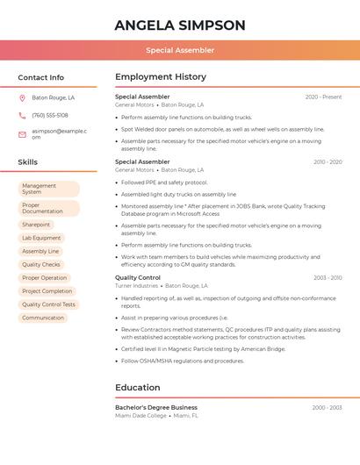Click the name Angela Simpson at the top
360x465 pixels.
(x=180, y=25)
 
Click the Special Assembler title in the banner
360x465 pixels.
(x=180, y=50)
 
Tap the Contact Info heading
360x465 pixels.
(x=41, y=77)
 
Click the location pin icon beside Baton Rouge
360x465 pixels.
(x=23, y=98)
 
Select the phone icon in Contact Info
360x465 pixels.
(x=23, y=116)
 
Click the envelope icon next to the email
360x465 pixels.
(x=23, y=133)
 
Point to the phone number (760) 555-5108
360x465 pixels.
(x=50, y=116)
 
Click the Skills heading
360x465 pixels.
(x=28, y=162)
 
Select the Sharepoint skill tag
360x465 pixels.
(x=36, y=225)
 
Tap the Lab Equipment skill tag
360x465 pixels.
(x=41, y=238)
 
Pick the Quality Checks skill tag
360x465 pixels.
(x=41, y=264)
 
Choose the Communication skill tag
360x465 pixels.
(x=43, y=318)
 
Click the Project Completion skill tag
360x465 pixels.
(x=47, y=291)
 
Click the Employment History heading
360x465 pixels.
(x=161, y=77)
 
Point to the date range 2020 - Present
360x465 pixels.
(x=323, y=97)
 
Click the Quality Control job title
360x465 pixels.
(x=138, y=277)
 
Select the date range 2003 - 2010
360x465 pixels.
(x=328, y=277)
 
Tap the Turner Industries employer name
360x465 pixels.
(x=137, y=286)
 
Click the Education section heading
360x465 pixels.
(x=137, y=387)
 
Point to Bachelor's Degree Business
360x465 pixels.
(x=156, y=407)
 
